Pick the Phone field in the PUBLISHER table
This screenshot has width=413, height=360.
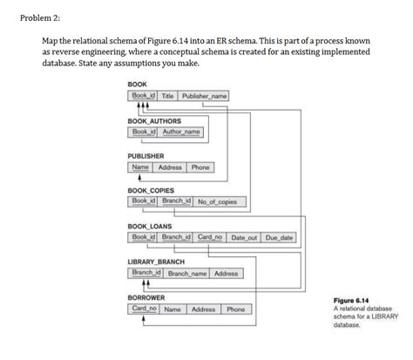[x=200, y=167]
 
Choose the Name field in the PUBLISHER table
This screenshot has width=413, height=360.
[x=139, y=167]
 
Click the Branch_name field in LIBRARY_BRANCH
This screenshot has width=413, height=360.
[x=186, y=274]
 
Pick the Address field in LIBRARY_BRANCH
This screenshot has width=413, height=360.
[x=226, y=274]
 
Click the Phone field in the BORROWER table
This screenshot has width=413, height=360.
[x=236, y=309]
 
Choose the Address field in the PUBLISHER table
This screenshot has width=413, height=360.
[x=170, y=167]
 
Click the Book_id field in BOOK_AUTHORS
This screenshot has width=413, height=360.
[x=142, y=132]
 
